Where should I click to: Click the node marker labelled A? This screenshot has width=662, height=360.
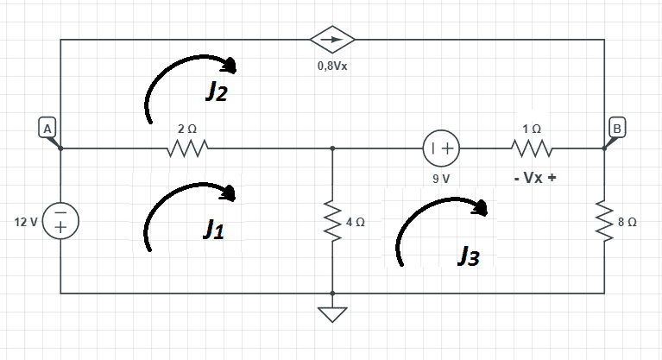[48, 128]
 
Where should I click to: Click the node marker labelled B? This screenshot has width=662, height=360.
[617, 127]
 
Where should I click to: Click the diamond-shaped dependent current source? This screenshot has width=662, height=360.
[332, 40]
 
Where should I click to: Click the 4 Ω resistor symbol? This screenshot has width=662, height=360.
[332, 221]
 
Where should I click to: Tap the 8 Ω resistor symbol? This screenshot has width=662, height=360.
[604, 221]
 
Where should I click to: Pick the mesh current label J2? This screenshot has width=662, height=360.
[216, 92]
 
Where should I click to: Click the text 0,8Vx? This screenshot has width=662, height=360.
[332, 66]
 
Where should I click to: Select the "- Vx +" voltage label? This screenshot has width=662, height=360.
[533, 180]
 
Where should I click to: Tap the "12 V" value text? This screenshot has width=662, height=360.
[26, 222]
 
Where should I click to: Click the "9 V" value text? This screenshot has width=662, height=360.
[442, 179]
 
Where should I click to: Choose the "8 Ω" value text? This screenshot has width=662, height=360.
[627, 222]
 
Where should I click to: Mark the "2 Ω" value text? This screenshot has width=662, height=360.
[187, 128]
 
